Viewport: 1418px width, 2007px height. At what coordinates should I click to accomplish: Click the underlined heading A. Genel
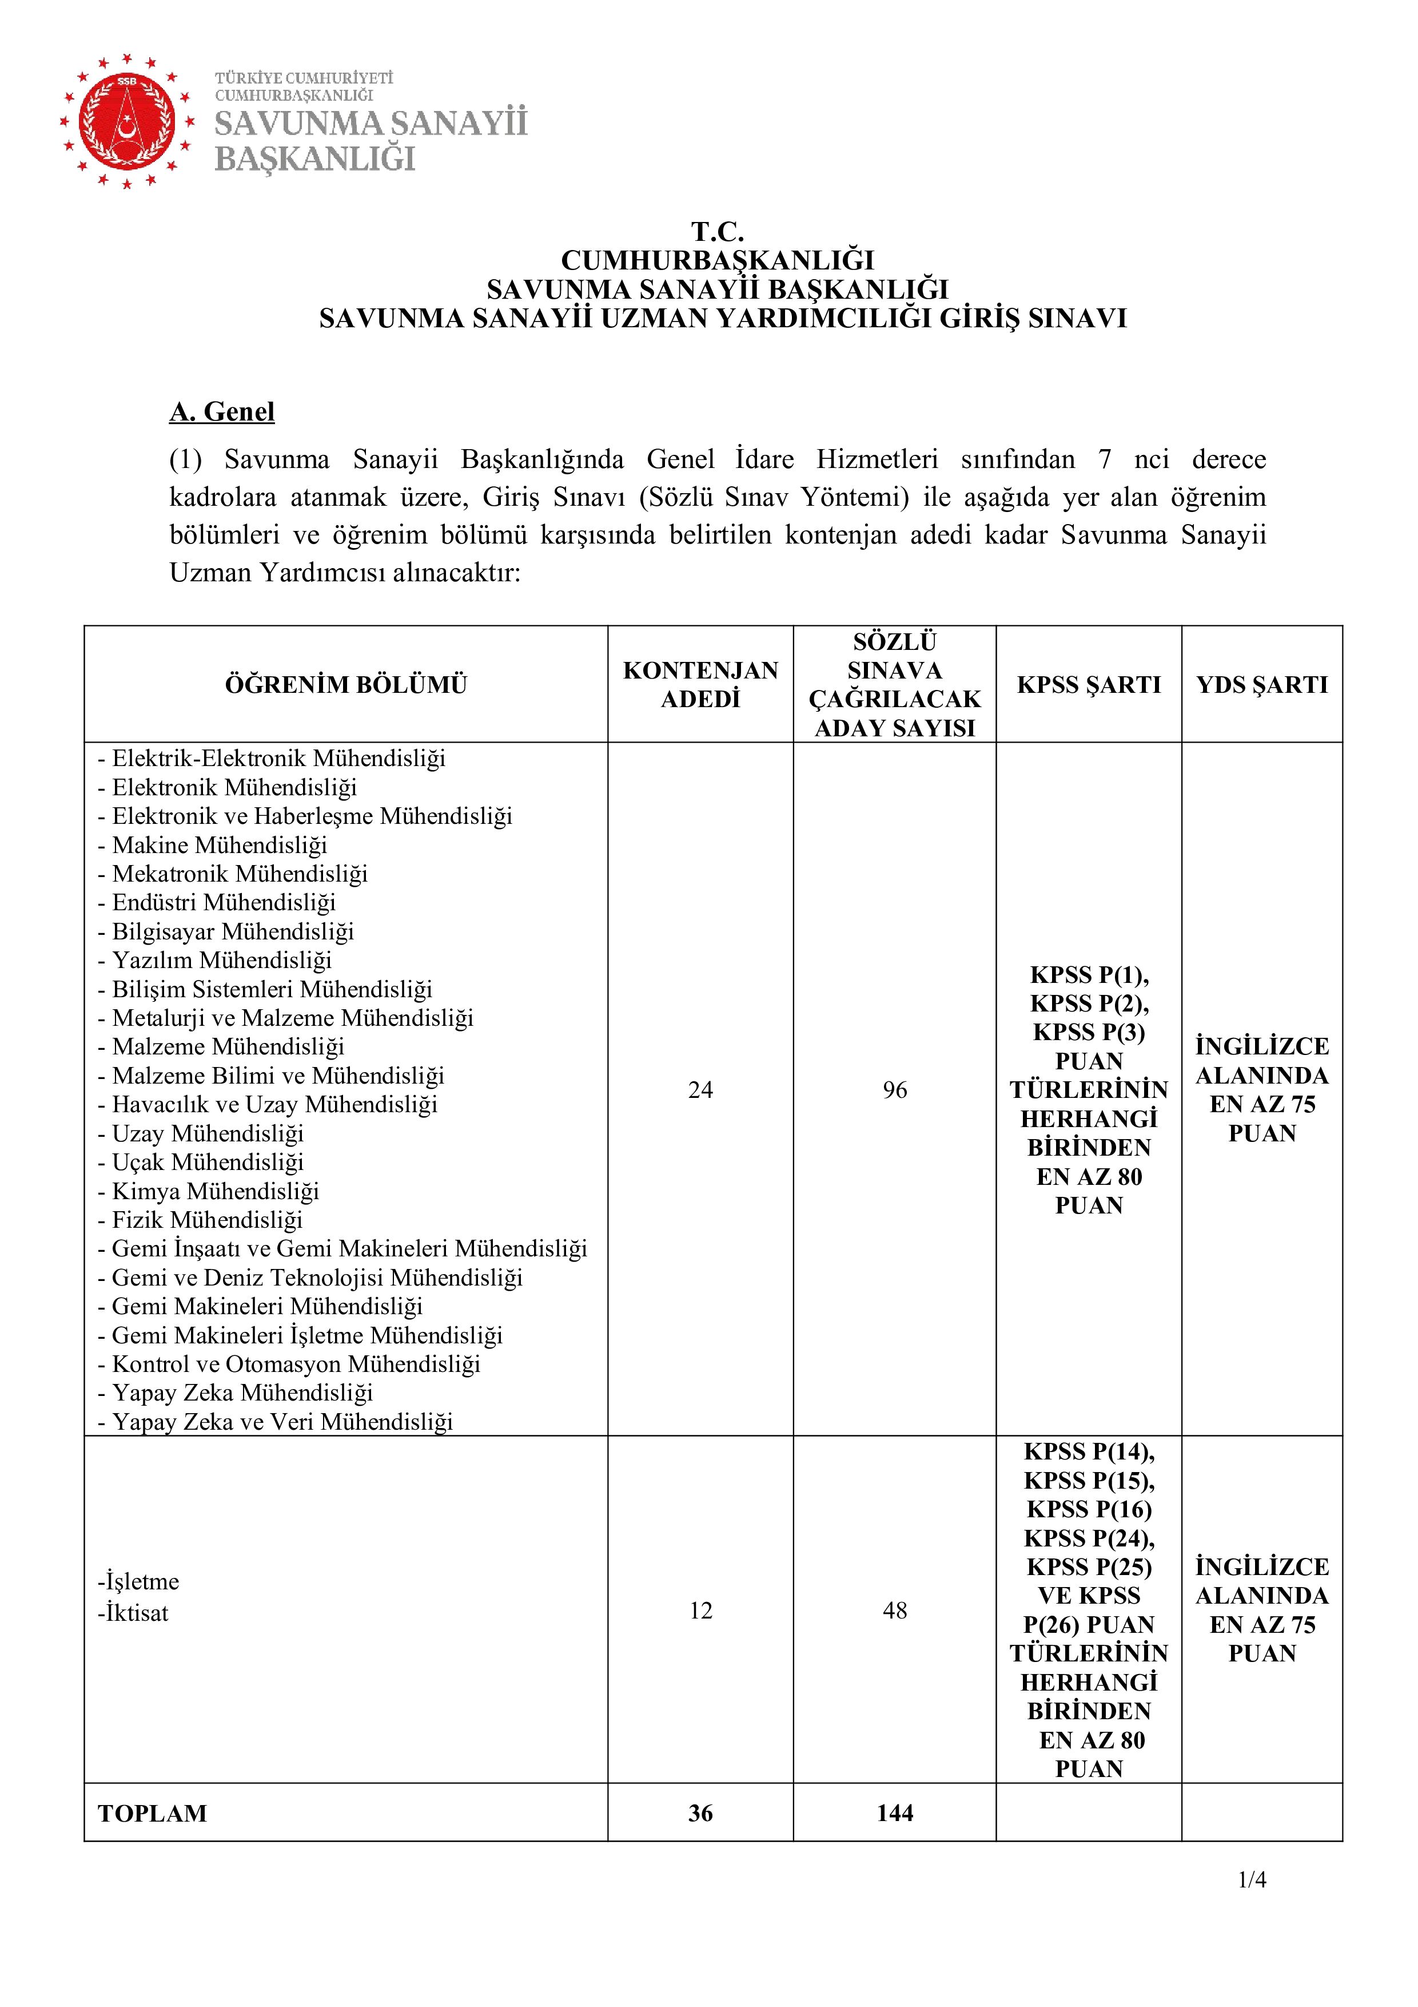222,412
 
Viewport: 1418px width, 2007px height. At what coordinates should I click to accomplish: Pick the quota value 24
700,1089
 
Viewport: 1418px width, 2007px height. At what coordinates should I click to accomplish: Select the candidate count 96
895,1089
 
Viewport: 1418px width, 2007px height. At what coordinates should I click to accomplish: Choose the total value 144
895,1813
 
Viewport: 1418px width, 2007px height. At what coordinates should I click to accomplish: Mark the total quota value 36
700,1813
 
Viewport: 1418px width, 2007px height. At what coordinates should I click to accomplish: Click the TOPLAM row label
153,1813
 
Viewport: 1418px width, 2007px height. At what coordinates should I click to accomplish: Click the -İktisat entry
133,1613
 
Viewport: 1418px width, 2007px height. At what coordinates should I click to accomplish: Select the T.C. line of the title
718,232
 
